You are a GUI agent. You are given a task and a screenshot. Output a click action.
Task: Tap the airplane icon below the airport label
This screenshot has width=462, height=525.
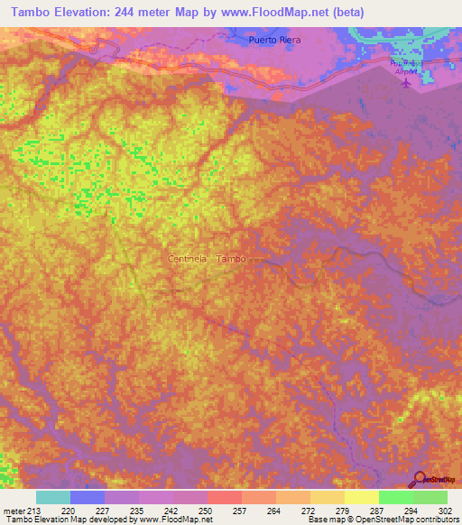405,84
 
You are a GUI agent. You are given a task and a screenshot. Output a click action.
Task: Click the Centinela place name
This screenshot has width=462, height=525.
189,259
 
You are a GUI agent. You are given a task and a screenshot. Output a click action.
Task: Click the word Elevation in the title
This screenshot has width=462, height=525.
87,13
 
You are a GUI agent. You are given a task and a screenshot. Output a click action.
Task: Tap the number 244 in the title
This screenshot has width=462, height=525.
135,13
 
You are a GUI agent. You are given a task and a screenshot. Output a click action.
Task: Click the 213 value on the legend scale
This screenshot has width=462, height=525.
35,510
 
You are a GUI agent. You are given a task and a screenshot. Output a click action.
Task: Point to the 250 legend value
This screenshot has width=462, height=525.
208,510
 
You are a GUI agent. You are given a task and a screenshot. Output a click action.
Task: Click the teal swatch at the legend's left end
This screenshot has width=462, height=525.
52,497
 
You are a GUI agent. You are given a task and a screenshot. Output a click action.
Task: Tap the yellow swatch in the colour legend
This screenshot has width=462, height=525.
361,497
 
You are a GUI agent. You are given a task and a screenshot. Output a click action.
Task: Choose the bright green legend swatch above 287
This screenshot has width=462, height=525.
395,497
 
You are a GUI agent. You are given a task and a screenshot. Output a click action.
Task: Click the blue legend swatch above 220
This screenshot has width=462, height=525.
87,497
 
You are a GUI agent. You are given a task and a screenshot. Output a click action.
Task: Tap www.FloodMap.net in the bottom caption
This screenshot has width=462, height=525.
175,520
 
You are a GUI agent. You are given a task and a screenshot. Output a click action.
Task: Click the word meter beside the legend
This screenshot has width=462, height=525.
14,510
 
